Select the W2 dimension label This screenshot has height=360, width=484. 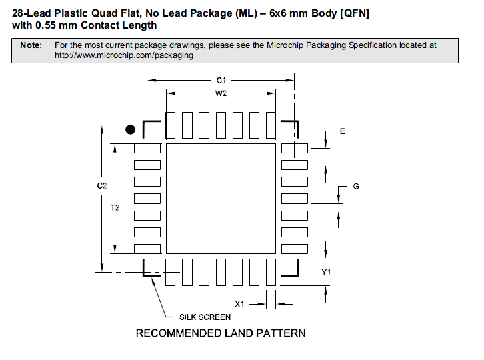pos(221,93)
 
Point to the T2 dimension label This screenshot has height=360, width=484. pos(115,207)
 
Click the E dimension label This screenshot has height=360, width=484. pos(342,131)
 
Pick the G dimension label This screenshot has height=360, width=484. pos(356,186)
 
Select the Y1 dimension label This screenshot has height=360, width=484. pos(327,272)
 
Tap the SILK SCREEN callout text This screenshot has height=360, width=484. pos(205,317)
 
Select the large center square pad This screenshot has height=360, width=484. pos(220,199)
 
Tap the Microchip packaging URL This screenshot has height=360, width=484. pos(124,55)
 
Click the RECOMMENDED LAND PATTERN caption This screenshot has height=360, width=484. pos(221,333)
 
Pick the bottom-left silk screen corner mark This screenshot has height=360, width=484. pos(149,270)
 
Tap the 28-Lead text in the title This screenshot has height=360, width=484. pos(32,13)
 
